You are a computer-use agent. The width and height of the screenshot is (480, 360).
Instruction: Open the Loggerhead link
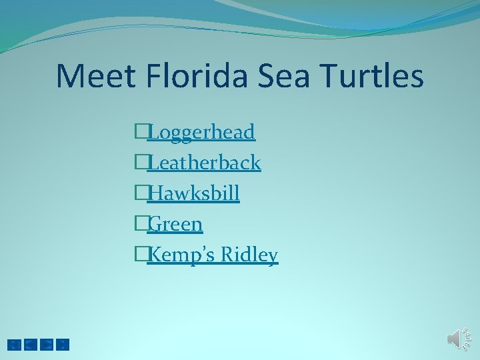tap(201, 132)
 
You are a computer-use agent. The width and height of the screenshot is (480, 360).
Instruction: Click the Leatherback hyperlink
tap(203, 163)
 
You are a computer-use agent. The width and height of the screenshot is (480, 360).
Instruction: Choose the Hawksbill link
tap(193, 193)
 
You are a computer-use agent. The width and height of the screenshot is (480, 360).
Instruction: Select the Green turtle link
tap(175, 224)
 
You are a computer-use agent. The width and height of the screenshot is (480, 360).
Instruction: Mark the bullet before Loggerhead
tap(140, 132)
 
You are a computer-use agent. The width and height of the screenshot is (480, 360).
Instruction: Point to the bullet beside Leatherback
tap(140, 163)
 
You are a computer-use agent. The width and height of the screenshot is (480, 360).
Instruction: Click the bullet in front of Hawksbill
tap(140, 193)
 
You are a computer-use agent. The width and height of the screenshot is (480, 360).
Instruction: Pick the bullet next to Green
tap(140, 224)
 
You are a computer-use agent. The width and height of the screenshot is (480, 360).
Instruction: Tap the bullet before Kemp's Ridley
tap(140, 255)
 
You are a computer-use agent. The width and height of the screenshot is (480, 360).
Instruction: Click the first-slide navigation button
tap(14, 345)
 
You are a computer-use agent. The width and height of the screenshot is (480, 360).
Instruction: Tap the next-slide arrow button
tap(47, 345)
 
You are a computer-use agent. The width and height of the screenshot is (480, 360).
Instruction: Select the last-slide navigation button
tap(63, 345)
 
